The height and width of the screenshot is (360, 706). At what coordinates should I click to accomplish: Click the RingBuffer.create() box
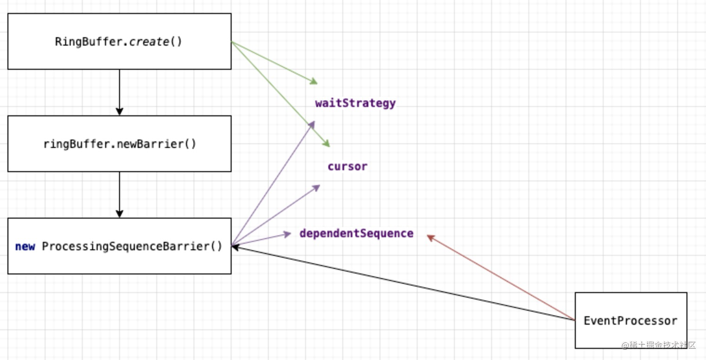[x=119, y=41]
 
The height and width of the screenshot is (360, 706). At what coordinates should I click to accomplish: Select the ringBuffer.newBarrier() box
[x=119, y=144]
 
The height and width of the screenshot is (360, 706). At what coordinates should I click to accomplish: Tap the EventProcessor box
[x=631, y=320]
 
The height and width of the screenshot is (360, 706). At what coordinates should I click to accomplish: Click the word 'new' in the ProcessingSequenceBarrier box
[x=25, y=247]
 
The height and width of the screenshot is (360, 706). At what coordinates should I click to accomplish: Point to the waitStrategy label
[x=355, y=103]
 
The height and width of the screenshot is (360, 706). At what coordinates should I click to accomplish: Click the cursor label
[x=347, y=167]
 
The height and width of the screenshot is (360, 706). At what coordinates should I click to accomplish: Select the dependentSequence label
[x=356, y=233]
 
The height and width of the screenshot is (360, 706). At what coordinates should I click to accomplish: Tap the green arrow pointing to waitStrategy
[x=274, y=63]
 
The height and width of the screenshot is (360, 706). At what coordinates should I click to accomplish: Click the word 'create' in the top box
[x=149, y=42]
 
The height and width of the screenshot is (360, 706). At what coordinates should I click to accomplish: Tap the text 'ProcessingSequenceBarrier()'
[x=132, y=247]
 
